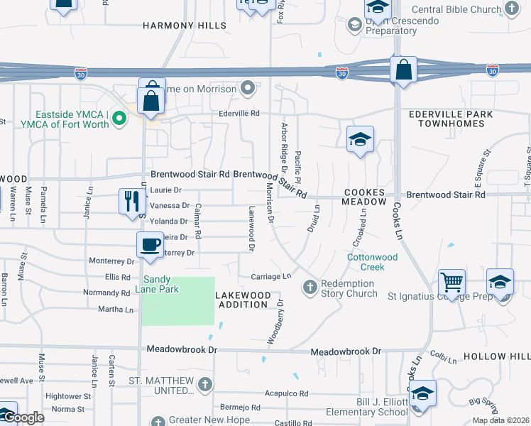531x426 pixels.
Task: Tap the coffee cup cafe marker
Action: [149, 244]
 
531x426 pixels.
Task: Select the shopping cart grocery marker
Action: [451, 283]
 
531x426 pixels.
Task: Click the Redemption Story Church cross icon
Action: [310, 288]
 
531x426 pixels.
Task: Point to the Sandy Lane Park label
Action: [160, 284]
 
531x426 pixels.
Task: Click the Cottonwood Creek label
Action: [376, 262]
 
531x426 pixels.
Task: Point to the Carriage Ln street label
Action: [271, 276]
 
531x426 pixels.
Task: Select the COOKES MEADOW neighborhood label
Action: [365, 197]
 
